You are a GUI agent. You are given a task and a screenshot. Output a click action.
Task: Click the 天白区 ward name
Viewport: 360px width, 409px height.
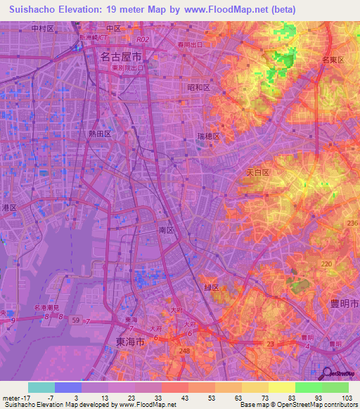(x=257, y=171)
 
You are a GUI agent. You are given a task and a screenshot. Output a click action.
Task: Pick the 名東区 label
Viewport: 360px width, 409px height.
(x=332, y=60)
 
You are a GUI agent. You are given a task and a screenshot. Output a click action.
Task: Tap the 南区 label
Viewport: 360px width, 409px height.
(x=167, y=230)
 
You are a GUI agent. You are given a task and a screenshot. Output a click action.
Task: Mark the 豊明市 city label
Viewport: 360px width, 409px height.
(x=345, y=303)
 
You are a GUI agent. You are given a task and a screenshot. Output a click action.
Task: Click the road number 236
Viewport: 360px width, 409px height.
(x=351, y=223)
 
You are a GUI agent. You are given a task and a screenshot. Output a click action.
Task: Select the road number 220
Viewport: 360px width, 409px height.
(x=326, y=264)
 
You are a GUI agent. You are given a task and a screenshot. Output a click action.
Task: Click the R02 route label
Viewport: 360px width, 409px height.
(x=144, y=41)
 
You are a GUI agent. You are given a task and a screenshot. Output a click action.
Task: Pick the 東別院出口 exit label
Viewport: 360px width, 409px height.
(x=127, y=69)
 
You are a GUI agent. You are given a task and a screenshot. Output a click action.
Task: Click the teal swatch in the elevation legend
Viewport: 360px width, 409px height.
(x=41, y=387)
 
